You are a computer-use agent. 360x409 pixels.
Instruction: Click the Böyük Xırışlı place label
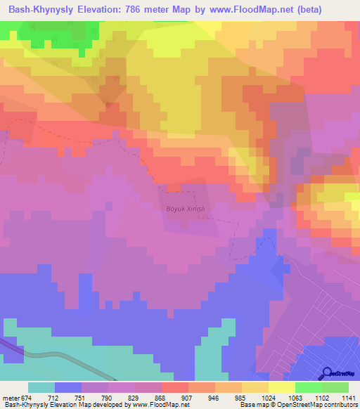[x=188, y=209]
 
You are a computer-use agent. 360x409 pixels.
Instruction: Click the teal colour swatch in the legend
[x=41, y=387]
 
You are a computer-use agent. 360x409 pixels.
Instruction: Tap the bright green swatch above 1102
[x=309, y=387]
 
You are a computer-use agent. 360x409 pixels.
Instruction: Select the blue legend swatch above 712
[x=68, y=387]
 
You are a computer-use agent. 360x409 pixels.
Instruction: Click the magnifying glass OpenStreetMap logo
[x=328, y=372]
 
